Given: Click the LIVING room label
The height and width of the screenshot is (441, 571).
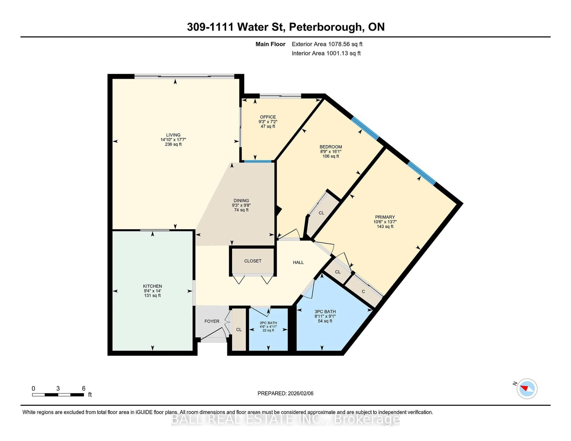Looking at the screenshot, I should pyautogui.click(x=173, y=135).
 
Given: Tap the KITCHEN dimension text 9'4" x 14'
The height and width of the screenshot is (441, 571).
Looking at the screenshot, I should pyautogui.click(x=152, y=291).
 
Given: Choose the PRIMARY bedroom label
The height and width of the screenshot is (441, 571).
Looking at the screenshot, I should pyautogui.click(x=385, y=217).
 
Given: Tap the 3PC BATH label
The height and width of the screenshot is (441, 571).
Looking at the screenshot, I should pyautogui.click(x=325, y=311).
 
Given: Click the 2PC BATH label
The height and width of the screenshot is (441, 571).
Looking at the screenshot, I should pyautogui.click(x=268, y=323).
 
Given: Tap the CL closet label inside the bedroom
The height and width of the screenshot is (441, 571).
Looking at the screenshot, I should pyautogui.click(x=321, y=213).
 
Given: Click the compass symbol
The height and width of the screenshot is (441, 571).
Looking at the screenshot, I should pyautogui.click(x=527, y=389).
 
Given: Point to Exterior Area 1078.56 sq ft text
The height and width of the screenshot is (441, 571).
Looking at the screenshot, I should pyautogui.click(x=327, y=44).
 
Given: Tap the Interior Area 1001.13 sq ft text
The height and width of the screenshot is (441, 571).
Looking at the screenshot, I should pyautogui.click(x=326, y=53).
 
